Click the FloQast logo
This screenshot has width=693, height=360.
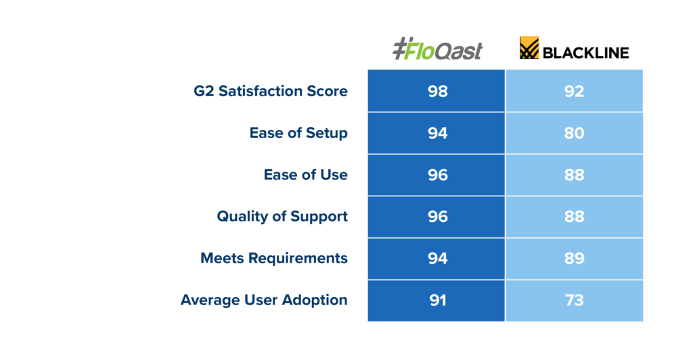(438, 49)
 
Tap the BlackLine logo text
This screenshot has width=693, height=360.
(585, 53)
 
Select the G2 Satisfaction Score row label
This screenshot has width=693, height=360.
(271, 91)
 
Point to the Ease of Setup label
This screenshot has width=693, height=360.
(298, 133)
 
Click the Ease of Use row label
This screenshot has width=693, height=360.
(305, 175)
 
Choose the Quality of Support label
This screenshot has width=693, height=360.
(282, 217)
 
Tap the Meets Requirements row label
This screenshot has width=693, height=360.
(274, 258)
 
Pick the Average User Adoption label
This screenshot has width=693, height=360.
(264, 300)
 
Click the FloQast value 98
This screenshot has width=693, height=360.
(438, 91)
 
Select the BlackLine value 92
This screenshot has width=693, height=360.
(574, 91)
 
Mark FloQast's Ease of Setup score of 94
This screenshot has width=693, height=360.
(438, 133)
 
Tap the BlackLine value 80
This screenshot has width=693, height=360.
(574, 133)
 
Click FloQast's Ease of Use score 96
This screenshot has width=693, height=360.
(438, 175)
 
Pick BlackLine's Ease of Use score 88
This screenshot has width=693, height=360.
(574, 175)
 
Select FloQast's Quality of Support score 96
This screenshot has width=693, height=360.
(438, 217)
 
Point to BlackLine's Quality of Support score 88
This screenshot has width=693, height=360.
(574, 217)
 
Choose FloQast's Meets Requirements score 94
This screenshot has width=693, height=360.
(438, 258)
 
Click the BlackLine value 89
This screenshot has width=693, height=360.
(574, 258)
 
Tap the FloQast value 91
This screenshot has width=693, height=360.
(438, 300)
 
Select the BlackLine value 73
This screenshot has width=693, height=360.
(574, 300)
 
